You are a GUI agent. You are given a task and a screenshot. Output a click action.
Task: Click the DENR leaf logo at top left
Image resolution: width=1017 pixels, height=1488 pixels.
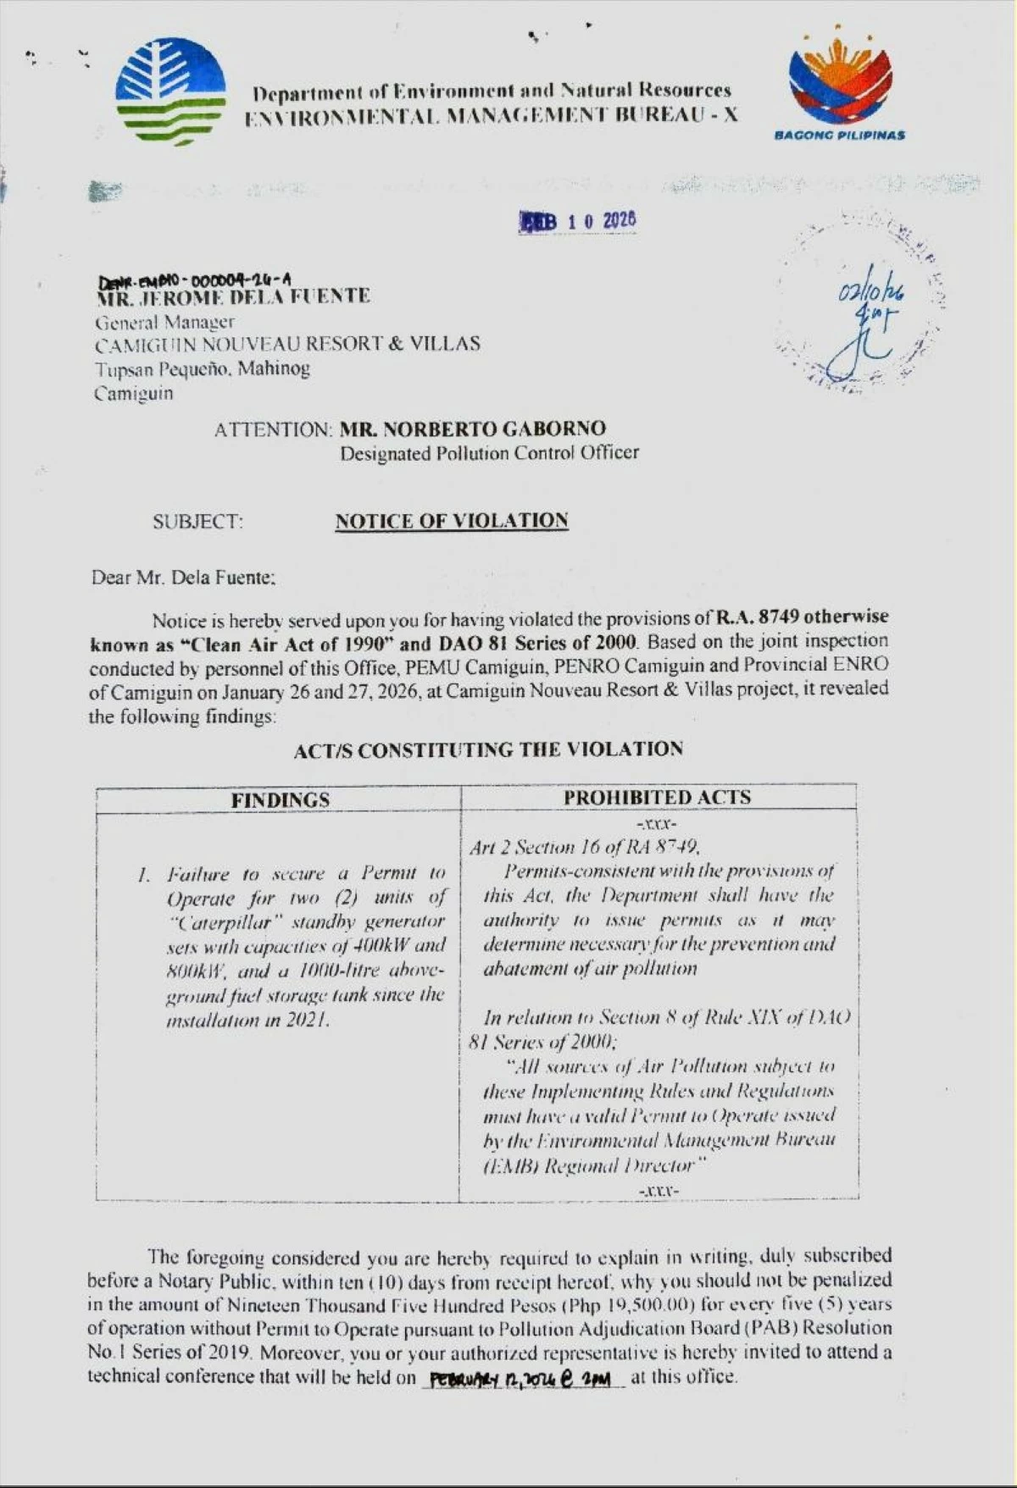pos(170,91)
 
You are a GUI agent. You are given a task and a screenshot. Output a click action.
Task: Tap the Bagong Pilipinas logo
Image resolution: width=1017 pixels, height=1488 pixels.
pos(840,90)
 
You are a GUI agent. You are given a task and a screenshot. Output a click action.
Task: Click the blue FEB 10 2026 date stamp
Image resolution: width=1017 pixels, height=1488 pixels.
pos(578,221)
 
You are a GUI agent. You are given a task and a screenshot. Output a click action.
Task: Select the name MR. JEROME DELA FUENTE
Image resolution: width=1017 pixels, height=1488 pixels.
pos(233,297)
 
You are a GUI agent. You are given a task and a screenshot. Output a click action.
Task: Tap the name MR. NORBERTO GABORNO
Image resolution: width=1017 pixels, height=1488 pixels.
pos(472,429)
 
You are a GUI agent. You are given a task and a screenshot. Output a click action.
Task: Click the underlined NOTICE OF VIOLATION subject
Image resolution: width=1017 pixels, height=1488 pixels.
pos(451,521)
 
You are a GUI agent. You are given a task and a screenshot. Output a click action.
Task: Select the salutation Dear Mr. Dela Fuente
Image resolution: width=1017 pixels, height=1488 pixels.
pos(183,578)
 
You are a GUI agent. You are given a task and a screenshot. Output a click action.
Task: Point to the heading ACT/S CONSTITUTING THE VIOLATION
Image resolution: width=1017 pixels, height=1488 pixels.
pos(488,750)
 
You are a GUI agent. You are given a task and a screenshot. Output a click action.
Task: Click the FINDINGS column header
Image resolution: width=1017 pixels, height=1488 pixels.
pos(280,799)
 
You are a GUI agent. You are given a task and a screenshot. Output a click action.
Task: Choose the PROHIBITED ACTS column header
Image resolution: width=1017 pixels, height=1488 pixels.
pos(657,797)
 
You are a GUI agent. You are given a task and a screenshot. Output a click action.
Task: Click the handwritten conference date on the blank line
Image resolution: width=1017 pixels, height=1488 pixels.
pos(520,1379)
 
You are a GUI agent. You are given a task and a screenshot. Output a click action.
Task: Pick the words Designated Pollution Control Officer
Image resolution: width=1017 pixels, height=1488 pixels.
pos(489,453)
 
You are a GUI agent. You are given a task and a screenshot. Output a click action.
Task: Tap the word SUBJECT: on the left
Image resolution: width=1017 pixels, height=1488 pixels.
pos(197,522)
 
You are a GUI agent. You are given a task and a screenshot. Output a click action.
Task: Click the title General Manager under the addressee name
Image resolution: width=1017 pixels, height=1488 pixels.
pos(164,322)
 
